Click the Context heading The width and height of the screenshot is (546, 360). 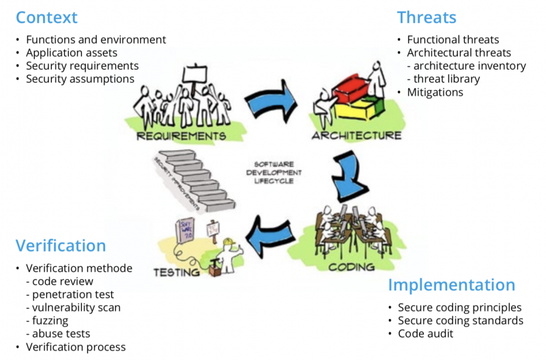(x=46, y=17)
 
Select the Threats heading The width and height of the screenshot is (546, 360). (x=427, y=17)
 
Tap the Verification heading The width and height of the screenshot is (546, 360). (x=61, y=245)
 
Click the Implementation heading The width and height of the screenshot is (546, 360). (x=451, y=285)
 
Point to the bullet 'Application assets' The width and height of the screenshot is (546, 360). (x=72, y=53)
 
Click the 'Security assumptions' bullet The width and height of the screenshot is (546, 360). (x=80, y=79)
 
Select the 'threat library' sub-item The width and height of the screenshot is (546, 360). (x=447, y=79)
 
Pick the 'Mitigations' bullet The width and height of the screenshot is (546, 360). (x=435, y=92)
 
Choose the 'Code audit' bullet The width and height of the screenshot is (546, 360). (x=425, y=333)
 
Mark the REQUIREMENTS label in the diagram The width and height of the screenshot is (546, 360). (x=181, y=136)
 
